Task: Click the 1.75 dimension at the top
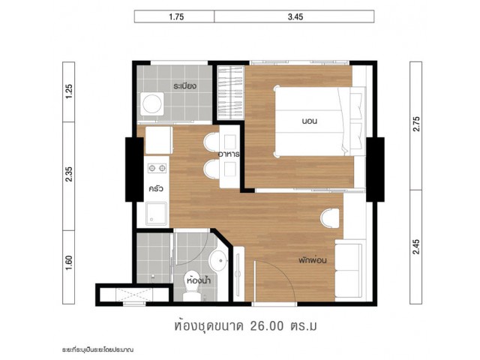click(176, 16)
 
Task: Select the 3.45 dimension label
click(295, 16)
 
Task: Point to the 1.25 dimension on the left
click(69, 91)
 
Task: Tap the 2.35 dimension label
click(69, 174)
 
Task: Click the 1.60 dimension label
click(69, 262)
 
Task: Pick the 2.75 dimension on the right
click(416, 124)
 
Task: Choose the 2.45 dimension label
click(416, 247)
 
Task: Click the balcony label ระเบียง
click(184, 86)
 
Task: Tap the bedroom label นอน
click(309, 121)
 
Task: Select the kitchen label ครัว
click(156, 188)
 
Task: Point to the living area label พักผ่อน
click(313, 260)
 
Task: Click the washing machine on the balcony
click(152, 103)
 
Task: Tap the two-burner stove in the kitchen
click(157, 168)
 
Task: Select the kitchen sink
click(157, 214)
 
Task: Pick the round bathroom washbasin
click(218, 260)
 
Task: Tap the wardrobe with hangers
click(230, 93)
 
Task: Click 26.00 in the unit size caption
click(267, 326)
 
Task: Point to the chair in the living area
click(330, 218)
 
